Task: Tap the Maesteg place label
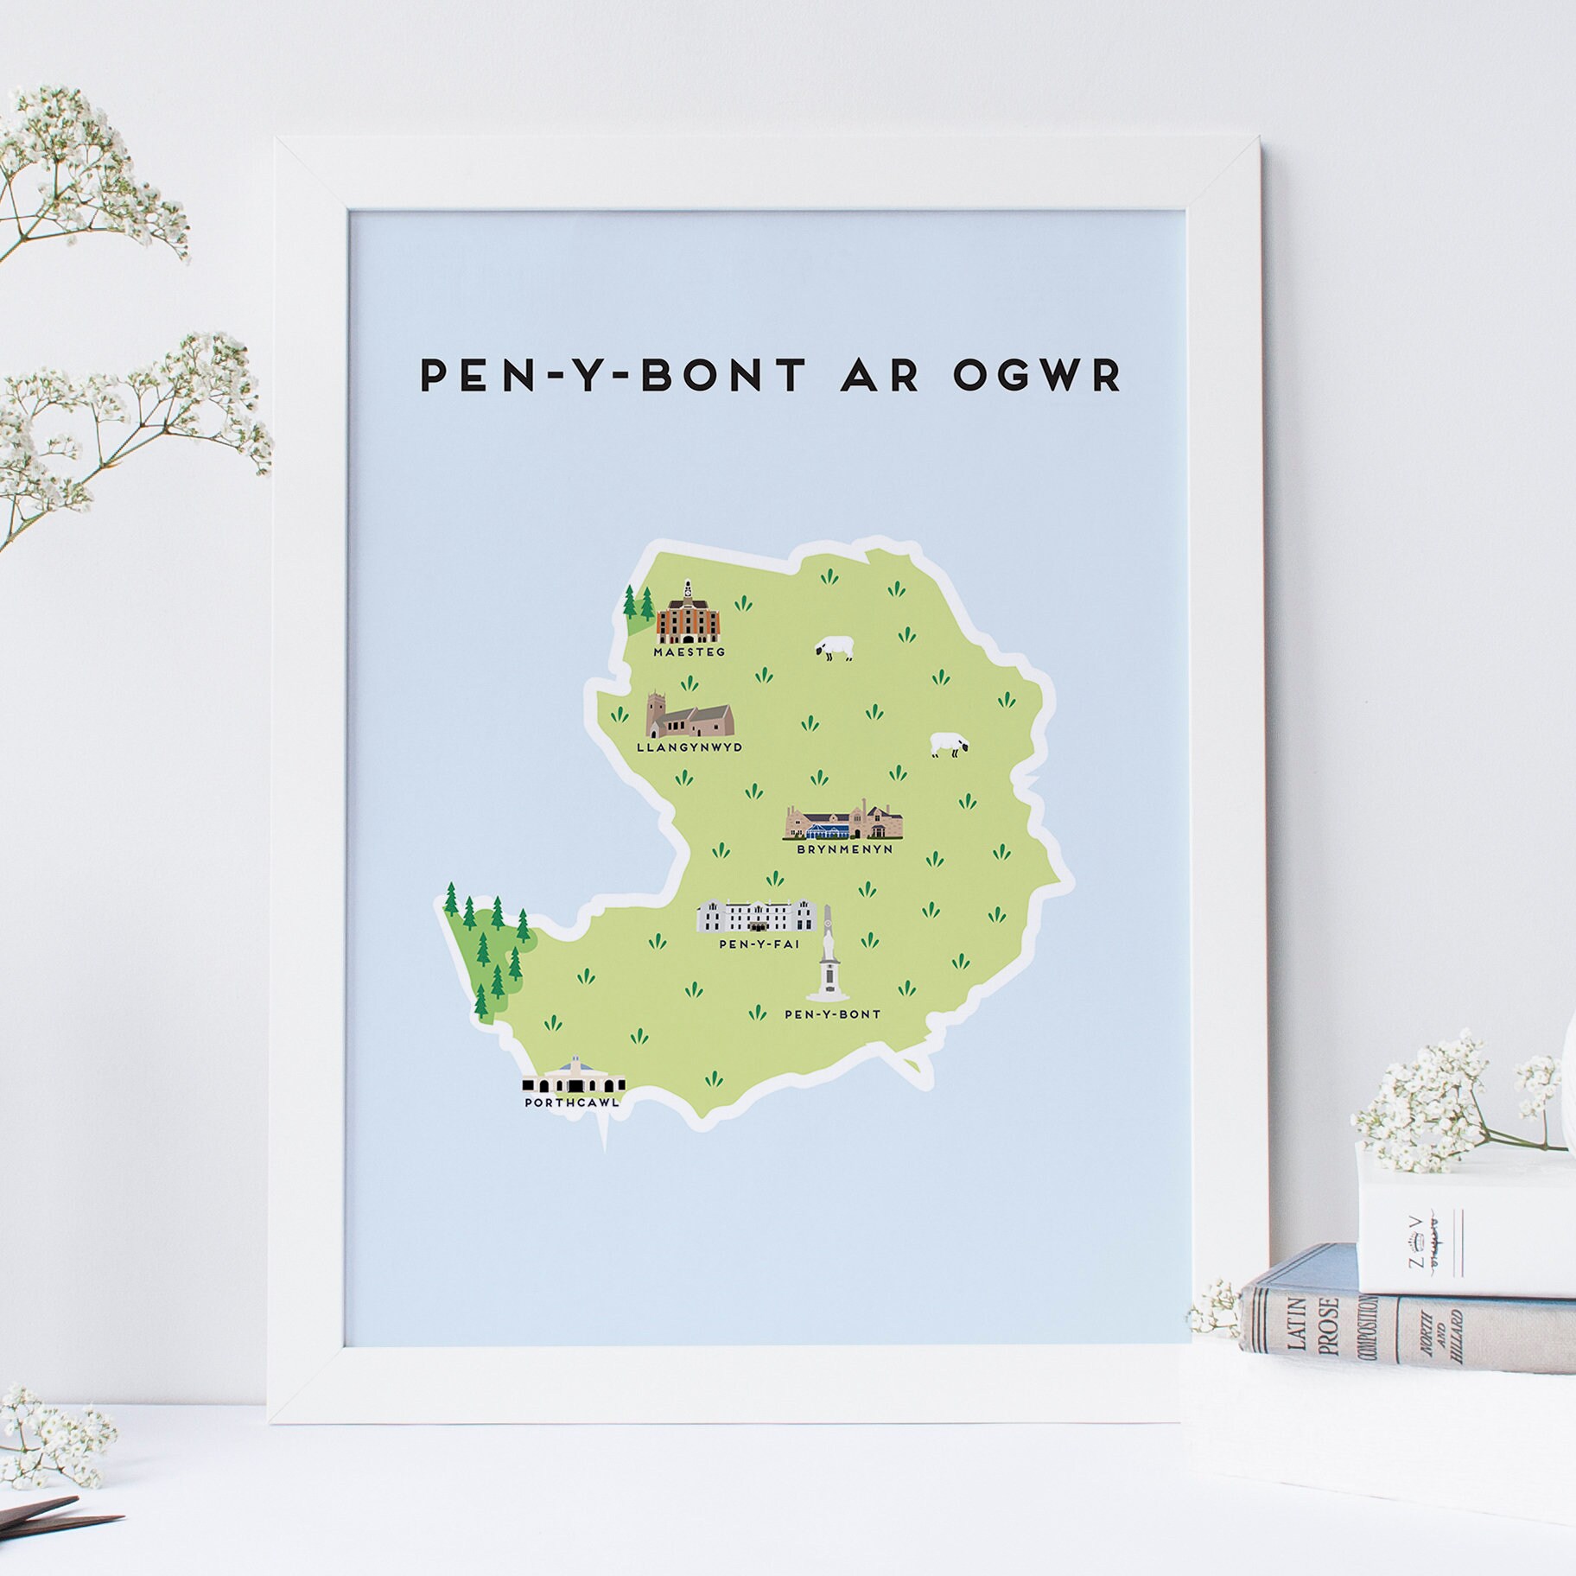[689, 651]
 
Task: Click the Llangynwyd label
[689, 747]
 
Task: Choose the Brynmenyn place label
[844, 849]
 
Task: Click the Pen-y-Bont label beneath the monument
[832, 1014]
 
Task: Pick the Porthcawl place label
[571, 1103]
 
